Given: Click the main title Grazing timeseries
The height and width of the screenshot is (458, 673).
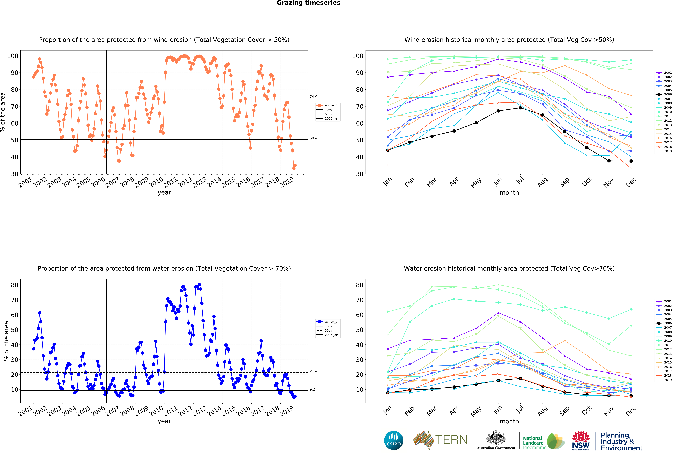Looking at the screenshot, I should click(308, 3).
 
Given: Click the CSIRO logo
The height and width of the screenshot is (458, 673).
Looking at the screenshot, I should click(394, 440).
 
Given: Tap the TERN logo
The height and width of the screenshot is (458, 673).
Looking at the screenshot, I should click(440, 440).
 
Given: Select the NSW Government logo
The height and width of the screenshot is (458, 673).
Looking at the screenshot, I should click(581, 441).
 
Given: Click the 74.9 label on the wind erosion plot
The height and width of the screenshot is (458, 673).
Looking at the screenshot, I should click(313, 97).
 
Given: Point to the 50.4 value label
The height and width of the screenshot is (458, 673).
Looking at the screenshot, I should click(313, 138).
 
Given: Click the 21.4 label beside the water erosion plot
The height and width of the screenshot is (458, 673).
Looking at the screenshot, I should click(313, 371).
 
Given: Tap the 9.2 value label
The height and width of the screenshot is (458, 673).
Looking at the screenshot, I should click(312, 389).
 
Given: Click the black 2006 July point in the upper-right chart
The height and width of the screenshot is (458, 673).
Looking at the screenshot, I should click(520, 108).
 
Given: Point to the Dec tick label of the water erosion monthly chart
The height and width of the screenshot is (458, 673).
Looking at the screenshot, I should click(630, 411).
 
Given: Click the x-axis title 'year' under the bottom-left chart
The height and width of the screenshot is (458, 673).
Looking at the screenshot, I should click(164, 421).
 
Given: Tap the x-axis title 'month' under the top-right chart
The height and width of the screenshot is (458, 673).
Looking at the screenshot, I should click(509, 193).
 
